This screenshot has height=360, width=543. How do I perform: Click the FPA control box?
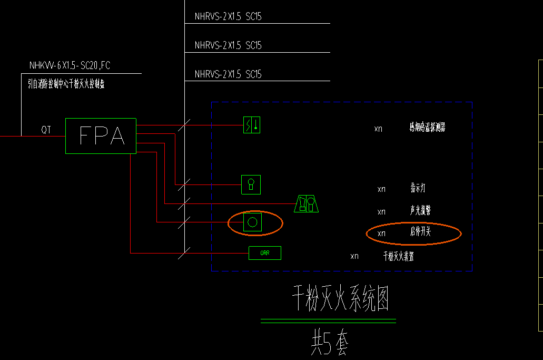(x=101, y=136)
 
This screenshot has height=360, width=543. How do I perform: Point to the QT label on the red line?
(x=46, y=130)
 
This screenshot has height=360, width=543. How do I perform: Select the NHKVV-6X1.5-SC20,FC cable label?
(x=70, y=66)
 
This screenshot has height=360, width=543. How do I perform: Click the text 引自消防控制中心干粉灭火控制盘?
(x=66, y=84)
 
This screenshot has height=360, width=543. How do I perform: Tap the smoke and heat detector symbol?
(x=251, y=125)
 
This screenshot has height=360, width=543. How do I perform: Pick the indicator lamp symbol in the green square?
(x=251, y=184)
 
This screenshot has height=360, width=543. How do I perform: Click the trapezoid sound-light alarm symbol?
(x=307, y=203)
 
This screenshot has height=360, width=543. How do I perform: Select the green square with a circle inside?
(x=252, y=222)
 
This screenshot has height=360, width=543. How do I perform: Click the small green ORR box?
(x=265, y=253)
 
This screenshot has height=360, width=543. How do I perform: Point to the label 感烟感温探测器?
(x=427, y=127)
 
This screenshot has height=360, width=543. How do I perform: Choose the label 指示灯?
(x=418, y=188)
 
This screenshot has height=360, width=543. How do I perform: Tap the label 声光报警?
(x=420, y=211)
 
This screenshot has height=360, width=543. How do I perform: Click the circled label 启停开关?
(x=420, y=232)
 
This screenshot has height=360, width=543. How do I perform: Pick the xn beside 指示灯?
(x=382, y=189)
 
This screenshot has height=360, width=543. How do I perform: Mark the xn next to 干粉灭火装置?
(x=354, y=256)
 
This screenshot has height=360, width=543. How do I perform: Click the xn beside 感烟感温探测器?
(x=378, y=129)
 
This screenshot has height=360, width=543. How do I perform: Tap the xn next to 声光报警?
(x=382, y=212)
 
